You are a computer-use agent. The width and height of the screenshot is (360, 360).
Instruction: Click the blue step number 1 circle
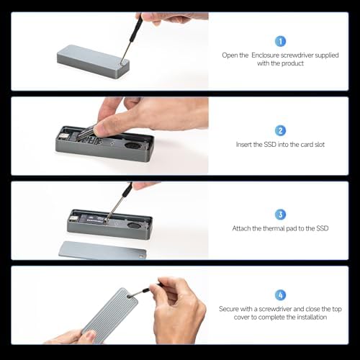280,41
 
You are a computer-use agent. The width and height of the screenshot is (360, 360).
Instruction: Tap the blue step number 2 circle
280,130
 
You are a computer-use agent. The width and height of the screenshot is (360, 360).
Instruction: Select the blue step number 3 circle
280,215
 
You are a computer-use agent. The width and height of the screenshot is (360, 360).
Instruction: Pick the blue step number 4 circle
280,295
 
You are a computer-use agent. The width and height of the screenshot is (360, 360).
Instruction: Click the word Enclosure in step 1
265,55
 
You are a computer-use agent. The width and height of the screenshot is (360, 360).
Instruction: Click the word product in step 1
292,63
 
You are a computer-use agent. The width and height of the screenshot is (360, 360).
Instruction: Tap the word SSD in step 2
270,145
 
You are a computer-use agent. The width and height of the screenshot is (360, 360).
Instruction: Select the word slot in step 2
320,145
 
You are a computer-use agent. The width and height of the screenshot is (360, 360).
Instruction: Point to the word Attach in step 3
239,228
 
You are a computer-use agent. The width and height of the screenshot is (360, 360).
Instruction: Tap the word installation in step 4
312,318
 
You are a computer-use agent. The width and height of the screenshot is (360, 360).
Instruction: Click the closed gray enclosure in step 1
93,61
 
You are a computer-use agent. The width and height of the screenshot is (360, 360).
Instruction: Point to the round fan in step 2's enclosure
132,146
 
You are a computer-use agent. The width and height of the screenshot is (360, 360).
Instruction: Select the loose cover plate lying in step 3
102,251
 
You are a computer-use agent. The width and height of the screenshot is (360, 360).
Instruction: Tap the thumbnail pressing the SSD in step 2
98,130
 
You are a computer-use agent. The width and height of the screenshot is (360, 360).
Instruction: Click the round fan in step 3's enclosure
133,225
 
